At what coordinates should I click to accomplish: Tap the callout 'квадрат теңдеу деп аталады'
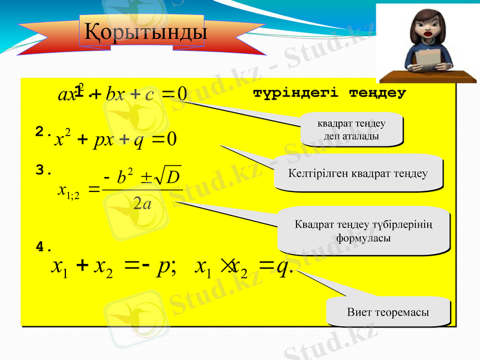click(x=351, y=131)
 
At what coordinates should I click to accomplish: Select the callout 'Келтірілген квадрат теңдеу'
click(x=358, y=174)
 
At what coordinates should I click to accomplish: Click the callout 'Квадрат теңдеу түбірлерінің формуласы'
click(x=364, y=231)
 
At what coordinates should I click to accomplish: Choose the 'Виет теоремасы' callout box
click(x=388, y=313)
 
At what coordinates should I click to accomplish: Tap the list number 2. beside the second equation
click(x=43, y=132)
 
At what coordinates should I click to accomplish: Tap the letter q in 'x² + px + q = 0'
click(x=138, y=141)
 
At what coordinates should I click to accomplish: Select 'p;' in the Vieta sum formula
click(x=164, y=265)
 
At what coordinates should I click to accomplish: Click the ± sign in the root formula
click(x=146, y=178)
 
